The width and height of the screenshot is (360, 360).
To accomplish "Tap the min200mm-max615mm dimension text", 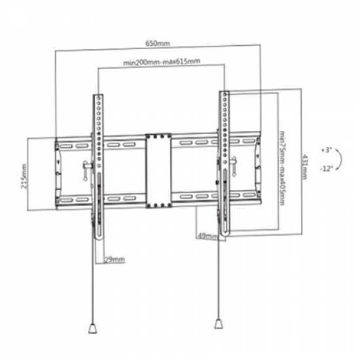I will (x=162, y=63).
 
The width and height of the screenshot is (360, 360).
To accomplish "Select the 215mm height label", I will (x=24, y=175).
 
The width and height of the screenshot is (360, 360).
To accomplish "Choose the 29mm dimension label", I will (x=116, y=259).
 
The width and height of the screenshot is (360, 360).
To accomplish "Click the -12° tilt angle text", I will (x=327, y=169).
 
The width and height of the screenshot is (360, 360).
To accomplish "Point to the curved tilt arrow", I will (x=340, y=159).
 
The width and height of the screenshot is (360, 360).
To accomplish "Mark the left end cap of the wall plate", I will (x=59, y=170).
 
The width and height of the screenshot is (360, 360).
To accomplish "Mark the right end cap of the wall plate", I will (x=259, y=170).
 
